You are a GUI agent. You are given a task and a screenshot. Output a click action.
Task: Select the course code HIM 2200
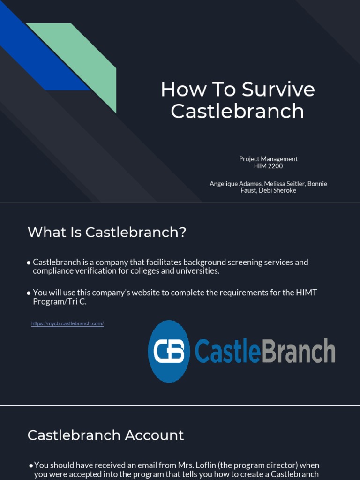click(268, 166)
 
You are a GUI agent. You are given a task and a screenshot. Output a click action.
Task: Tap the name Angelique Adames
click(235, 184)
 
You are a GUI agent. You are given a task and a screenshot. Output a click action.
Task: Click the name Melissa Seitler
click(285, 184)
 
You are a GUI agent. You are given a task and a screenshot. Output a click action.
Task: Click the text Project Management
click(268, 159)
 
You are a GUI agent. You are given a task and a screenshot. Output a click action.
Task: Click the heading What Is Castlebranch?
click(107, 232)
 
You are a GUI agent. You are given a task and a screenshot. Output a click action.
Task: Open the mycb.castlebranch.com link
click(67, 323)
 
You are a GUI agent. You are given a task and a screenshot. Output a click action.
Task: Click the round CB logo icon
click(169, 352)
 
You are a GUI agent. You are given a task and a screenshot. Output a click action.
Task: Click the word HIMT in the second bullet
click(307, 292)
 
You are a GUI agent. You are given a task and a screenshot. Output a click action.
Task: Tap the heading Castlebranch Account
click(105, 435)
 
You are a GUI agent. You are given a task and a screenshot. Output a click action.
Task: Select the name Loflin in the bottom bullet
click(215, 465)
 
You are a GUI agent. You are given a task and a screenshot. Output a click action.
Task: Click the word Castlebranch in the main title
click(237, 111)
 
